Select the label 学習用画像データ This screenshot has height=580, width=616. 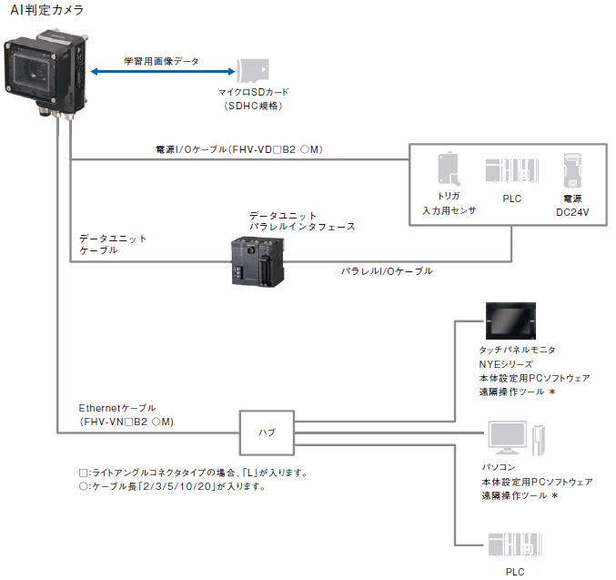(x=161, y=62)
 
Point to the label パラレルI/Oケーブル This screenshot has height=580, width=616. (x=387, y=271)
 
